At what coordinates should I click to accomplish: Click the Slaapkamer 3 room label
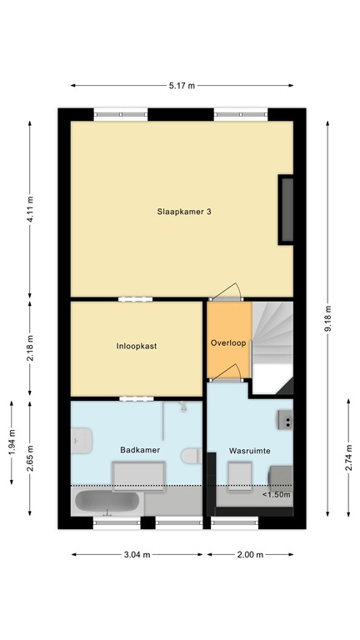click(183, 212)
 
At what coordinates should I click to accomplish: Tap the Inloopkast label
click(137, 347)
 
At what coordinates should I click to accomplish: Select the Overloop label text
click(228, 343)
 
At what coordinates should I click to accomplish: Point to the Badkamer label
click(140, 450)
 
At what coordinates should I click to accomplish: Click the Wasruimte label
click(250, 451)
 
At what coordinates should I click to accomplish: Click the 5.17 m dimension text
click(182, 86)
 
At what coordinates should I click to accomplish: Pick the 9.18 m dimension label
click(327, 318)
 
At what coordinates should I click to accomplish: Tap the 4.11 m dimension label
click(30, 209)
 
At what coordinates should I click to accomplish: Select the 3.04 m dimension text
click(137, 555)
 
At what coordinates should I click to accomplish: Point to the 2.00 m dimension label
click(250, 555)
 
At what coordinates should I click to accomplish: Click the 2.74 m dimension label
click(348, 457)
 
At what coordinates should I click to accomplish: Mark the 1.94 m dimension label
click(12, 442)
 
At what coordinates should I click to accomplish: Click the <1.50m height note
click(277, 495)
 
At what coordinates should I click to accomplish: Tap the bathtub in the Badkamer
click(107, 502)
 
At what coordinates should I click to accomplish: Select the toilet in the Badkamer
click(192, 456)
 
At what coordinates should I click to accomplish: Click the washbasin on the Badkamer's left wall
click(82, 440)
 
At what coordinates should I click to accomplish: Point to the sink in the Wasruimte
click(285, 420)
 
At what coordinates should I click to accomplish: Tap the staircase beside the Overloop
click(272, 347)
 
